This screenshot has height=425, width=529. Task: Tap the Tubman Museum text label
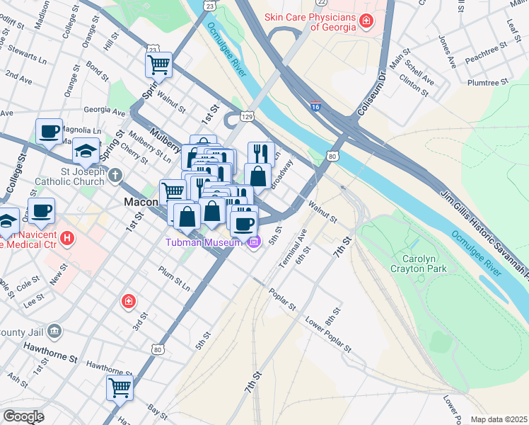point(204,243)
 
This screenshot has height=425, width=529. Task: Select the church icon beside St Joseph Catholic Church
point(113,174)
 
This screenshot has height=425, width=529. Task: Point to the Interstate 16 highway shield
point(315,106)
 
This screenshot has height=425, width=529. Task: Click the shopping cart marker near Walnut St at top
point(159,65)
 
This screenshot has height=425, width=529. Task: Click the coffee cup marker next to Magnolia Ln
point(50,131)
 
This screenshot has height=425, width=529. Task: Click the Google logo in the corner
point(23,416)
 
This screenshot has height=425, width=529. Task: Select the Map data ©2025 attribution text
point(499,419)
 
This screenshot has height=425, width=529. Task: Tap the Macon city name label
point(140,202)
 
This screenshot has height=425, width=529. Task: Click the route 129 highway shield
point(247,115)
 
